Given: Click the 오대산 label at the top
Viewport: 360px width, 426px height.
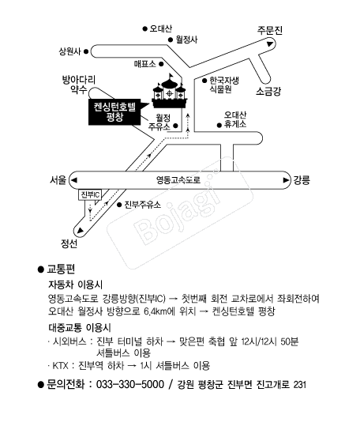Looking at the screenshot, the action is click(160, 28).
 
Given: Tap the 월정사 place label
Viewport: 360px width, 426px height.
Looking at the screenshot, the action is click(186, 40).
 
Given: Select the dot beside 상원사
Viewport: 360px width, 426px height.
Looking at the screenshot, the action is click(86, 51).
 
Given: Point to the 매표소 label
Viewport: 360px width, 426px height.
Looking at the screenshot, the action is click(145, 64).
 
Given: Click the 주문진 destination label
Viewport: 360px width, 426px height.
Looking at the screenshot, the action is click(270, 30).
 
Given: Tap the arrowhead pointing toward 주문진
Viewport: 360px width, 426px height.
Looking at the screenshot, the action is click(270, 43).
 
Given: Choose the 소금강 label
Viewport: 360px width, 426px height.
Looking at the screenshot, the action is click(268, 92).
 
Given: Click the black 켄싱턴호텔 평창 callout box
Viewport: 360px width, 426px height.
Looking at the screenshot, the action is click(115, 112).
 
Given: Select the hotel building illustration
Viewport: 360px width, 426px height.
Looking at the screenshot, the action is click(170, 91).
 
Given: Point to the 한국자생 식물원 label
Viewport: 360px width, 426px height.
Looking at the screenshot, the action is click(223, 85).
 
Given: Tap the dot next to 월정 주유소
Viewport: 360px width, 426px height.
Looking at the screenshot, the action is click(175, 126).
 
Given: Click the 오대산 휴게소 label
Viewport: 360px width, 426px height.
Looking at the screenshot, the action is click(235, 119).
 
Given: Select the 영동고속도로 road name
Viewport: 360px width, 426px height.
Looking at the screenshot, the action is click(178, 180).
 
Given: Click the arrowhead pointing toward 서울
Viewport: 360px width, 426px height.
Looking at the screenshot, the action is click(73, 180).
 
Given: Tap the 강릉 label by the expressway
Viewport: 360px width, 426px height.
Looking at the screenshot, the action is click(302, 180).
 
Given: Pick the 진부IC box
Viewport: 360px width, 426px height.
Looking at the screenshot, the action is click(90, 194).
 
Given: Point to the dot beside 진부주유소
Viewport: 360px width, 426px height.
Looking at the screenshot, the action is click(119, 205).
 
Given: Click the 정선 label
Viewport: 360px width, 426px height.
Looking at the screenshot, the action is click(69, 243).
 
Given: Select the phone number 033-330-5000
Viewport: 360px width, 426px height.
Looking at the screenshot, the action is click(130, 384).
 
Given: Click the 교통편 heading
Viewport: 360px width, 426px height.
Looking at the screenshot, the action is click(61, 269).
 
